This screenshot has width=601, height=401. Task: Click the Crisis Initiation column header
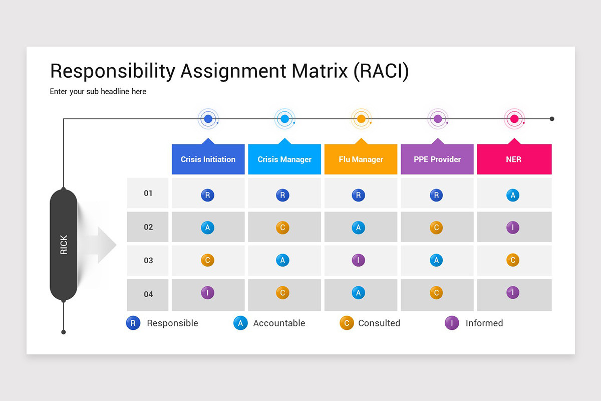coord(208,159)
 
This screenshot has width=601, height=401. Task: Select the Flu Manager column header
coord(361,159)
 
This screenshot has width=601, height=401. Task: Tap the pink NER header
coord(514,159)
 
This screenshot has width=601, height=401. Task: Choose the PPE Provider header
coord(437,159)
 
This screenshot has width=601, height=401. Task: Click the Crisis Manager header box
coord(284,159)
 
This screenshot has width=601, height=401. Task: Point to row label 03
coord(148,260)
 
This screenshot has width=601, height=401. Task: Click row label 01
coord(148,193)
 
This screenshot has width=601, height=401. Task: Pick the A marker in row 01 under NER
coord(512,195)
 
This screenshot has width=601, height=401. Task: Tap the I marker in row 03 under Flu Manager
coord(358,261)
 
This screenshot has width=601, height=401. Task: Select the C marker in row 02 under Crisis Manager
coord(282,228)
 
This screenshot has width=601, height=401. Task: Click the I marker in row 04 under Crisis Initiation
coord(207,293)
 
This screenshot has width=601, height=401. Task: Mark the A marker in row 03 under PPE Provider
coord(436,261)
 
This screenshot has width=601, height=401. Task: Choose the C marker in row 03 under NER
coord(512,261)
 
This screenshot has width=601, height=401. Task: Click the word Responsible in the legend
coord(172,323)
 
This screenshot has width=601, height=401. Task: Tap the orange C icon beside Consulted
coord(347,323)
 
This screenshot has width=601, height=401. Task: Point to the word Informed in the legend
coord(484,323)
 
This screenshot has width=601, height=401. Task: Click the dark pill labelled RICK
coord(64,245)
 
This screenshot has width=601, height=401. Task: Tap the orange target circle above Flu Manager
coord(361,119)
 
